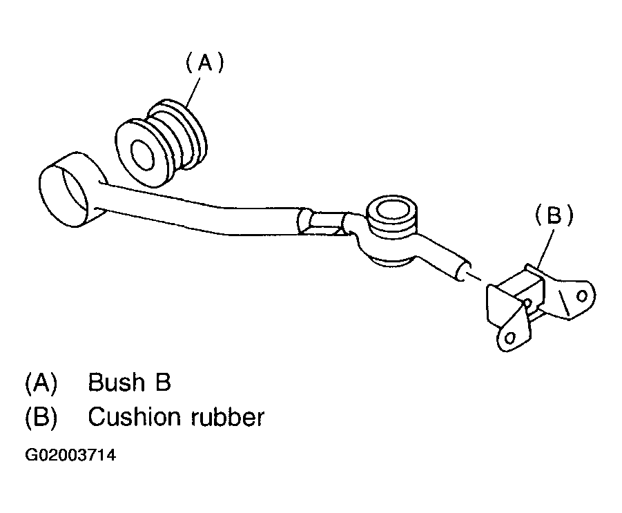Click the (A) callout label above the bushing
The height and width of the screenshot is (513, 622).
pos(204,64)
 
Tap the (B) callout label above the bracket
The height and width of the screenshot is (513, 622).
pos(554,216)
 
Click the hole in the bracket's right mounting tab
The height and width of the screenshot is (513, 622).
pos(582,296)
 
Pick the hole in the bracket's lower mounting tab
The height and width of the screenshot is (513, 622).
pos(510,337)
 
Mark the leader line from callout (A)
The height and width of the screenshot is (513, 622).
pos(193,90)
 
